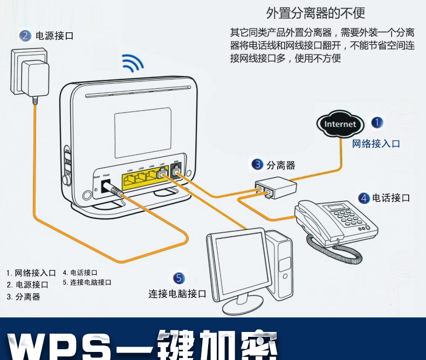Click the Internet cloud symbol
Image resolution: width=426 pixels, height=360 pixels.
[x=340, y=124]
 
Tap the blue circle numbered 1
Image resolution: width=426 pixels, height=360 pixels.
[x=377, y=122]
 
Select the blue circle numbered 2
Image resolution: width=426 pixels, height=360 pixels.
[x=25, y=36]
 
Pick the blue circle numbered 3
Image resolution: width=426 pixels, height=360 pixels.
[x=258, y=164]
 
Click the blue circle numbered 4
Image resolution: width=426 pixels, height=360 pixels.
[x=364, y=198]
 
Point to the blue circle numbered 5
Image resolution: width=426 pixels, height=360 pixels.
[x=179, y=278]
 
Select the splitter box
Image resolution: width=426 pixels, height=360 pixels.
[x=276, y=188]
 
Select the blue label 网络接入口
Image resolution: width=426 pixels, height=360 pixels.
[x=376, y=143]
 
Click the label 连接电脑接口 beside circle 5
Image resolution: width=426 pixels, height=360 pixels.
[x=177, y=294]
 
